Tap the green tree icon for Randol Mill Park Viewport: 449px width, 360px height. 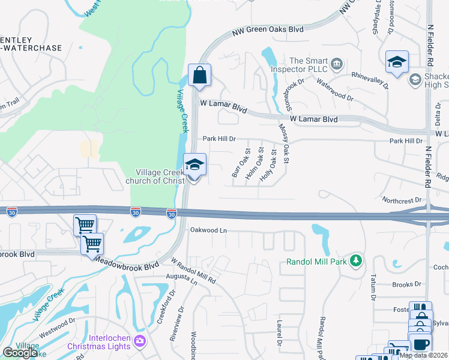[x=357, y=260]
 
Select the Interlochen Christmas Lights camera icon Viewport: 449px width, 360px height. [x=140, y=341]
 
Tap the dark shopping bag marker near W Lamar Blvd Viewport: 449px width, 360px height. [x=199, y=76]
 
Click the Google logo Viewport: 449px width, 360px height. [x=20, y=353]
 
